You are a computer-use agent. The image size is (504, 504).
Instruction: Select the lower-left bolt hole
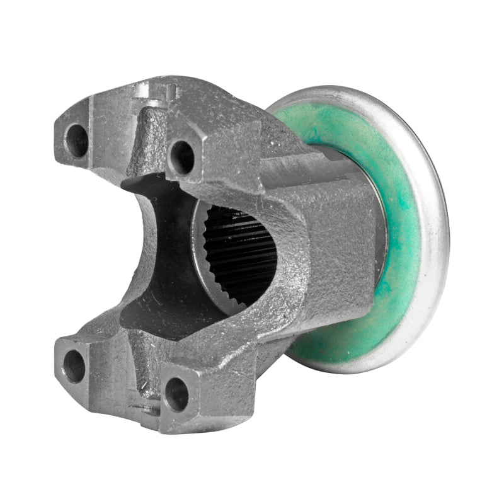tap(74, 365)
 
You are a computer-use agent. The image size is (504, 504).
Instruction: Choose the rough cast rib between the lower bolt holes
tap(142, 365)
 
